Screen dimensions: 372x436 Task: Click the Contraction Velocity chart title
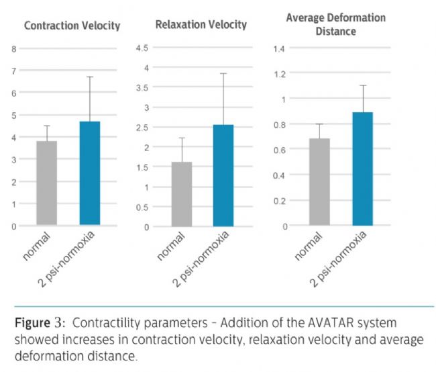click(x=72, y=26)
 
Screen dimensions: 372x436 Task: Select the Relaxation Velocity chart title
click(x=201, y=25)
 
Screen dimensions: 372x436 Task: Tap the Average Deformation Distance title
click(x=335, y=24)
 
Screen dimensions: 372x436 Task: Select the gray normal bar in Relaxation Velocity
click(x=182, y=194)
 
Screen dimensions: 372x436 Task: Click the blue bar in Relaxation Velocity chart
click(x=223, y=175)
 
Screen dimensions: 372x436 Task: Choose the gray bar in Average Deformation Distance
click(x=319, y=181)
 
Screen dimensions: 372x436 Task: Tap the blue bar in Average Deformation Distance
click(x=362, y=169)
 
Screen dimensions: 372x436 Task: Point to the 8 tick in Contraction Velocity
click(x=13, y=49)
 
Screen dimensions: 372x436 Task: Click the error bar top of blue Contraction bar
click(x=89, y=77)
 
